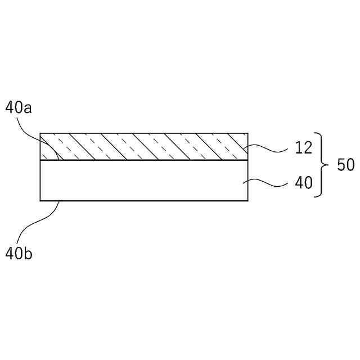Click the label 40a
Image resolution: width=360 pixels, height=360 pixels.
[x=19, y=107]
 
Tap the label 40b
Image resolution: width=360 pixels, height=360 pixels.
[x=19, y=254]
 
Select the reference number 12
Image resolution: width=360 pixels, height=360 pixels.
[x=303, y=148]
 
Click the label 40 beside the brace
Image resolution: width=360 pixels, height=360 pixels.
[x=304, y=183]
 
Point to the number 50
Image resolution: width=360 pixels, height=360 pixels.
[x=345, y=165]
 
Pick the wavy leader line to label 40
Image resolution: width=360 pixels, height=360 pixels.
[x=270, y=182]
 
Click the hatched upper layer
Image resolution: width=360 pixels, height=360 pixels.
[x=143, y=147]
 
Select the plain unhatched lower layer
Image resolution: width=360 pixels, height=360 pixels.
[x=143, y=181]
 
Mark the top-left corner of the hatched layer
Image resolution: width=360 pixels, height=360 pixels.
[x=40, y=133]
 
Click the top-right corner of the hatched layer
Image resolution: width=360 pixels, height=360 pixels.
[x=247, y=133]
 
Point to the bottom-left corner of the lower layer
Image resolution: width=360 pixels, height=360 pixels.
[x=40, y=200]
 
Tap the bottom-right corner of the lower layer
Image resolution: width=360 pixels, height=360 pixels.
[x=247, y=200]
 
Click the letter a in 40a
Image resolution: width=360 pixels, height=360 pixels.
[x=28, y=108]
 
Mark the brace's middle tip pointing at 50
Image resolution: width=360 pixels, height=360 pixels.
[x=326, y=165]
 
